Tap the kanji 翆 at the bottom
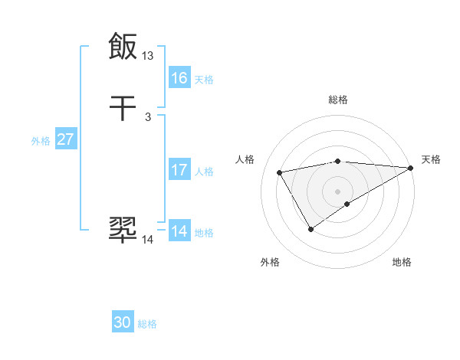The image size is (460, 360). point(123,229)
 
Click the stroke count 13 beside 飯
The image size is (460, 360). point(148,55)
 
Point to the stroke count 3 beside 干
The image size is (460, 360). point(148,117)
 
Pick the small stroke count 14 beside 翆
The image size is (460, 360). point(148,240)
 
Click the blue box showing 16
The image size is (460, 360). point(179,77)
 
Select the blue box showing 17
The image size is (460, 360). point(179,170)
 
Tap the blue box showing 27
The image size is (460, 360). point(65,139)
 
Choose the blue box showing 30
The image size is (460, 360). point(123,322)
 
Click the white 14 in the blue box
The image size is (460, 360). point(179,231)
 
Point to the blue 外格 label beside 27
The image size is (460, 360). point(41,141)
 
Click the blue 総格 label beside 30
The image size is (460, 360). point(147,324)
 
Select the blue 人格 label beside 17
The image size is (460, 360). point(204,172)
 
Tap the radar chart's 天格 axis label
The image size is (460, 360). point(431,159)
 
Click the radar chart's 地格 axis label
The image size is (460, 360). point(402,263)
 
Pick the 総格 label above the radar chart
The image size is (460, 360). point(337,100)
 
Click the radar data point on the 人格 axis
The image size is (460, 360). point(280,172)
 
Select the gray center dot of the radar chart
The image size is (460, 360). point(337,191)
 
